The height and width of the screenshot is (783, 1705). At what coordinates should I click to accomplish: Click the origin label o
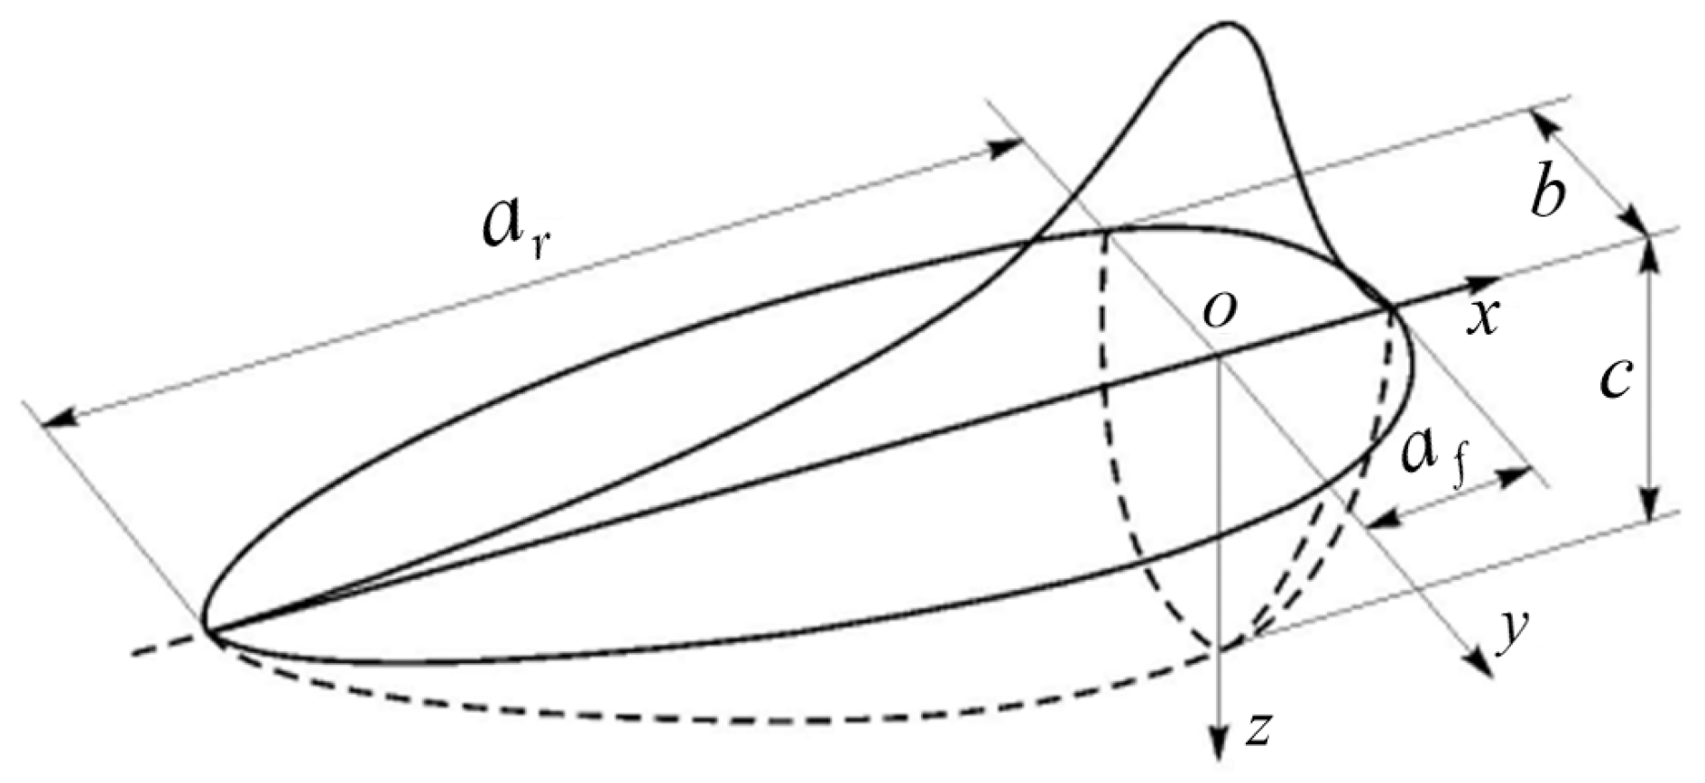click(x=1219, y=311)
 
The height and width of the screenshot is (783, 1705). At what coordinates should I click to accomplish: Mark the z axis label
click(x=1258, y=729)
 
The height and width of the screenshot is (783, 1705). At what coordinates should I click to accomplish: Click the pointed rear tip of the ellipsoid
click(x=205, y=628)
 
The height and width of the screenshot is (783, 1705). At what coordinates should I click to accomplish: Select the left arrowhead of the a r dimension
click(x=56, y=418)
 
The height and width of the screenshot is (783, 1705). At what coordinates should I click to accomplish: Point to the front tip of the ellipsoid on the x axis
click(x=1392, y=309)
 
